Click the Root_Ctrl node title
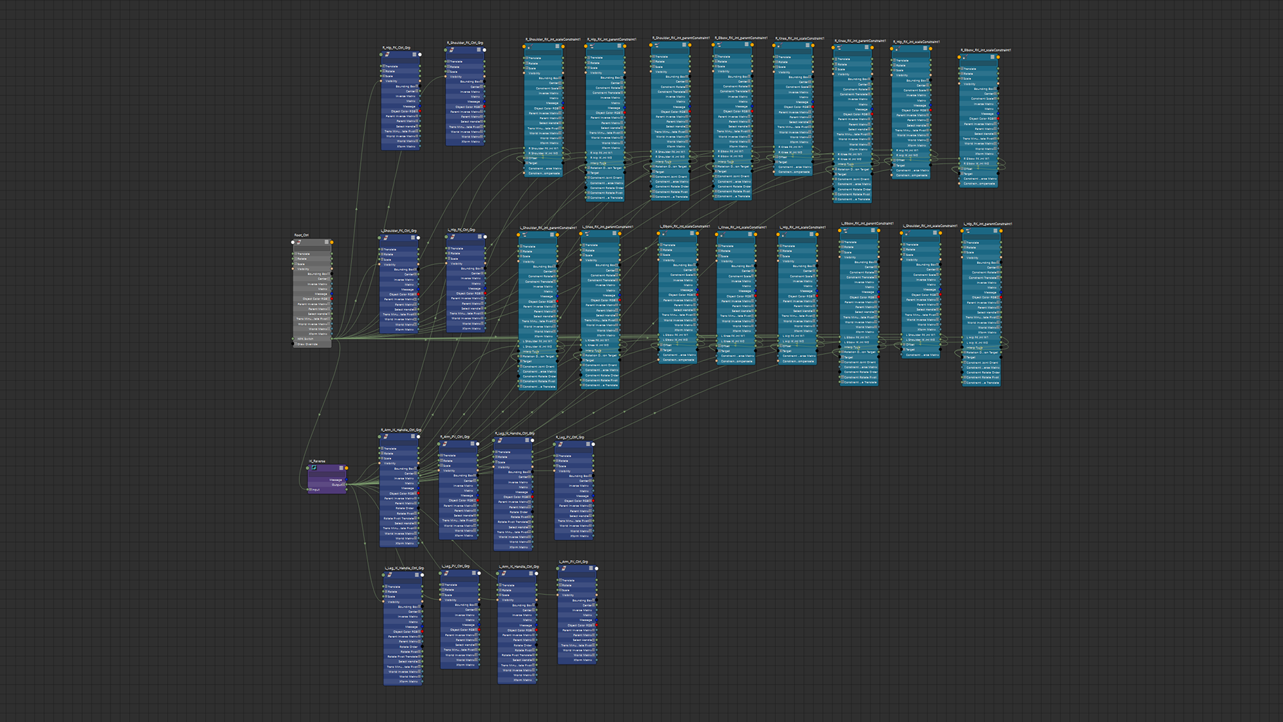[301, 235]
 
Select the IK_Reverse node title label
[317, 461]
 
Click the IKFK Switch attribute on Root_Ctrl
[305, 340]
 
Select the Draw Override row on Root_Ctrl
[307, 344]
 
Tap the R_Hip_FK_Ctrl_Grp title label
[396, 48]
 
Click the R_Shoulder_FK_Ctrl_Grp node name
[464, 43]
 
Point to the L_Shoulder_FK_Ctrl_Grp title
[399, 231]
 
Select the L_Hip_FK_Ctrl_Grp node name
[461, 230]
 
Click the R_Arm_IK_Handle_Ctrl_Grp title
[401, 431]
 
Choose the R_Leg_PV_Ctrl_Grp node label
[569, 437]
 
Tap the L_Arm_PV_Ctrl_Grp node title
[573, 562]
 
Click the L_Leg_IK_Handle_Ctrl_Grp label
[404, 568]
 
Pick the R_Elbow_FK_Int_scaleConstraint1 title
[986, 50]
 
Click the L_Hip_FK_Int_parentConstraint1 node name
[988, 225]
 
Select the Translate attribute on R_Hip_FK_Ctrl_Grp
[392, 66]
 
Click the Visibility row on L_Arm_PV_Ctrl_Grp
[568, 596]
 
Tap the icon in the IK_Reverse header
[313, 468]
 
